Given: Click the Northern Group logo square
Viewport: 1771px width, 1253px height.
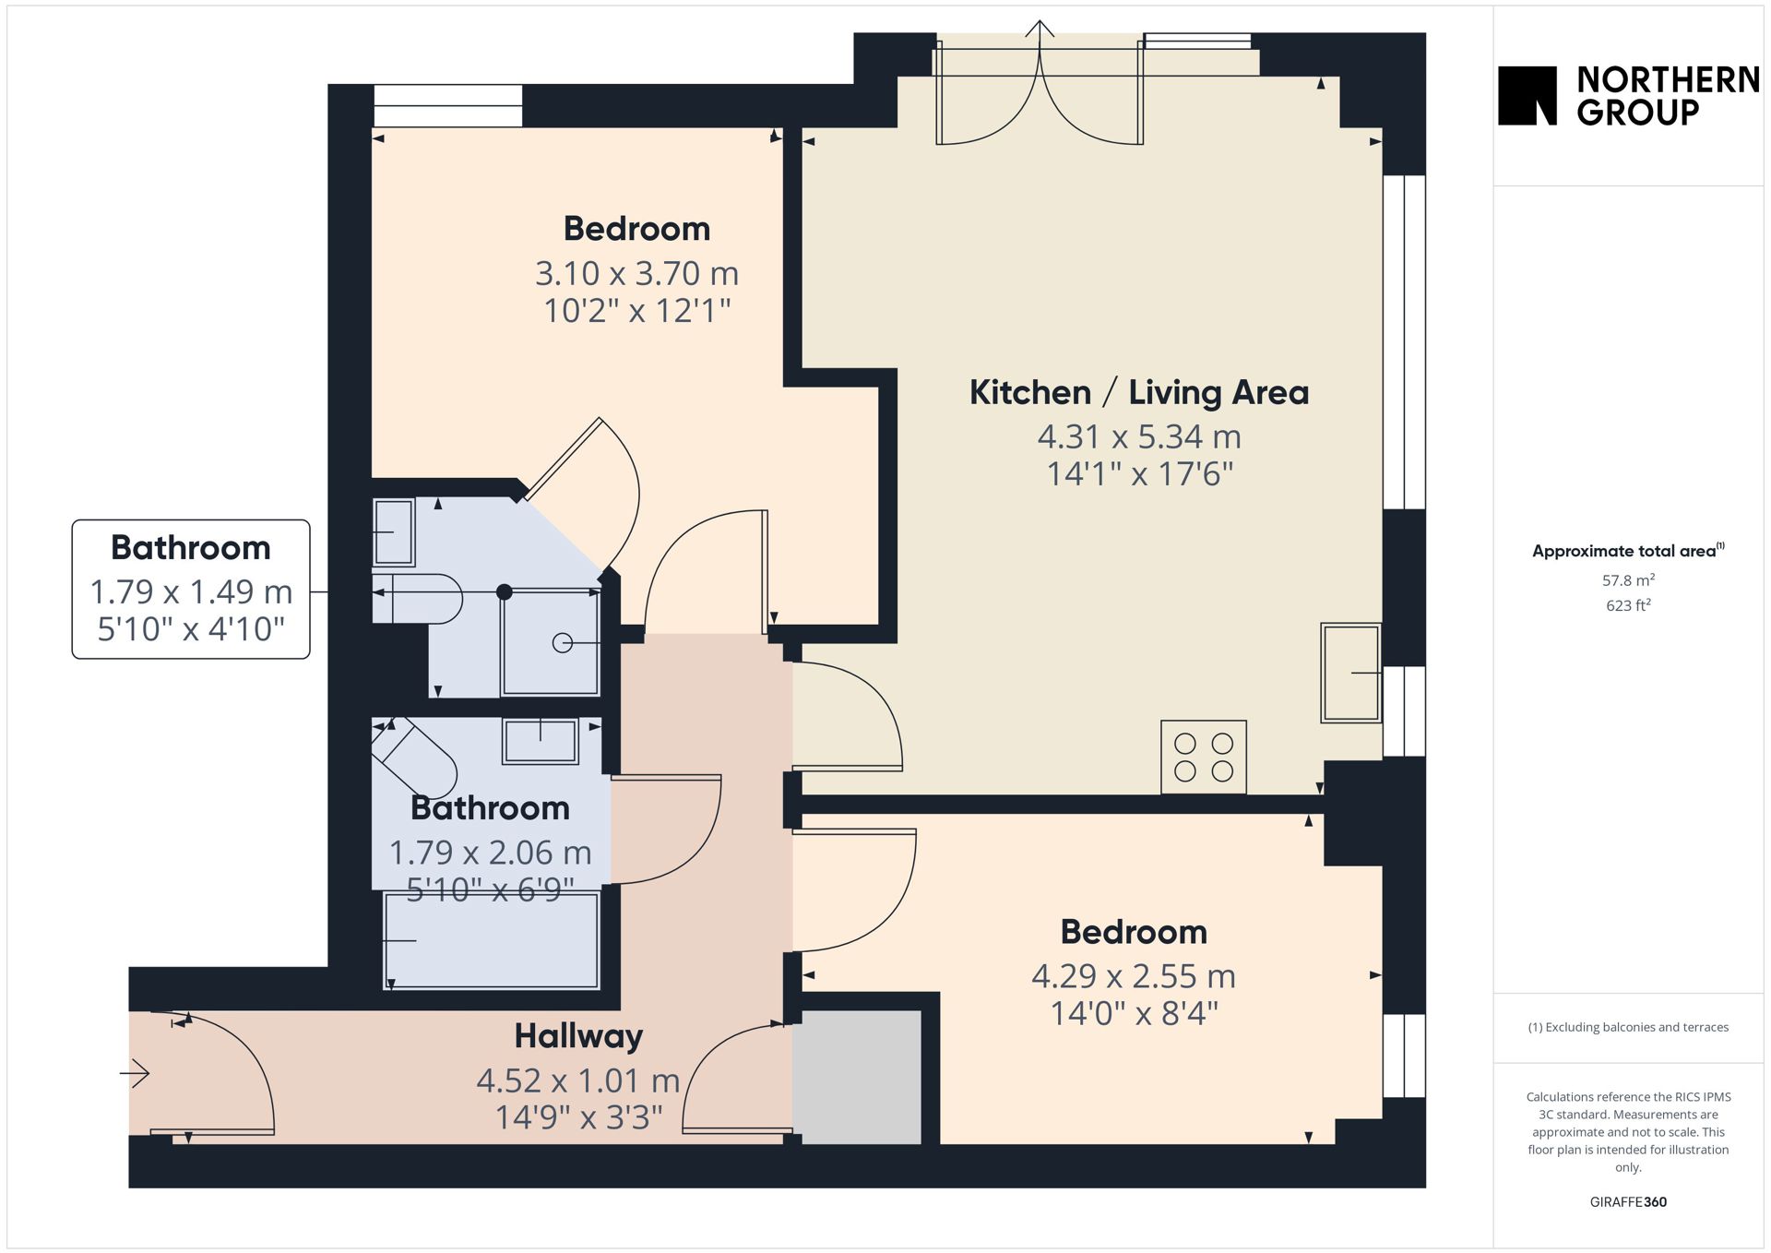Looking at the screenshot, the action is (x=1527, y=95).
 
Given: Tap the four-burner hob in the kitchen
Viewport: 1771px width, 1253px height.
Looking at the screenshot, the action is (x=1204, y=757).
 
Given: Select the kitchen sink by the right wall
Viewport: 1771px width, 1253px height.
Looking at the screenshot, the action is (x=1351, y=673).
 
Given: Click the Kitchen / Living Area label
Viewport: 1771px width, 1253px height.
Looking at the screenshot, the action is (x=1139, y=392).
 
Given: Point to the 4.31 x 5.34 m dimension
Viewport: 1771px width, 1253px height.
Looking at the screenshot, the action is (x=1139, y=436).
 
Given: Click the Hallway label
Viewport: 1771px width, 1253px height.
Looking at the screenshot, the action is (x=578, y=1036).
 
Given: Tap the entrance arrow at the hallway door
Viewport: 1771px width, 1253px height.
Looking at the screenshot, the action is (x=135, y=1073).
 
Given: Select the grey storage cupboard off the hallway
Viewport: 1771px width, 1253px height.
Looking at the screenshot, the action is (x=862, y=1078).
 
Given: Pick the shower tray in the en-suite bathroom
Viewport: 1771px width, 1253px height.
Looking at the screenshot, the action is (x=551, y=643).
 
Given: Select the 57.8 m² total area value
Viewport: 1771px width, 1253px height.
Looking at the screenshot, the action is (x=1628, y=580).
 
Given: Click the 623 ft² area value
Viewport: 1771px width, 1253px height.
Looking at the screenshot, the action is (x=1628, y=605).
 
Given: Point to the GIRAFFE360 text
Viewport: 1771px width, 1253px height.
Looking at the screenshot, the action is (x=1628, y=1201).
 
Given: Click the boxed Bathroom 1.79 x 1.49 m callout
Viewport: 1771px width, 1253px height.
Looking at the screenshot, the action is (x=191, y=589).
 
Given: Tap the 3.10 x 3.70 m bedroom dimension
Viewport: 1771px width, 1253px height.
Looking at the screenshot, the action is (x=636, y=273).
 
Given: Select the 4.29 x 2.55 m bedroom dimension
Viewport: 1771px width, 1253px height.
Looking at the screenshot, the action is (x=1134, y=975).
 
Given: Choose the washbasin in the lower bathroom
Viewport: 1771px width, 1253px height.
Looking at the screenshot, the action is (x=541, y=741).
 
